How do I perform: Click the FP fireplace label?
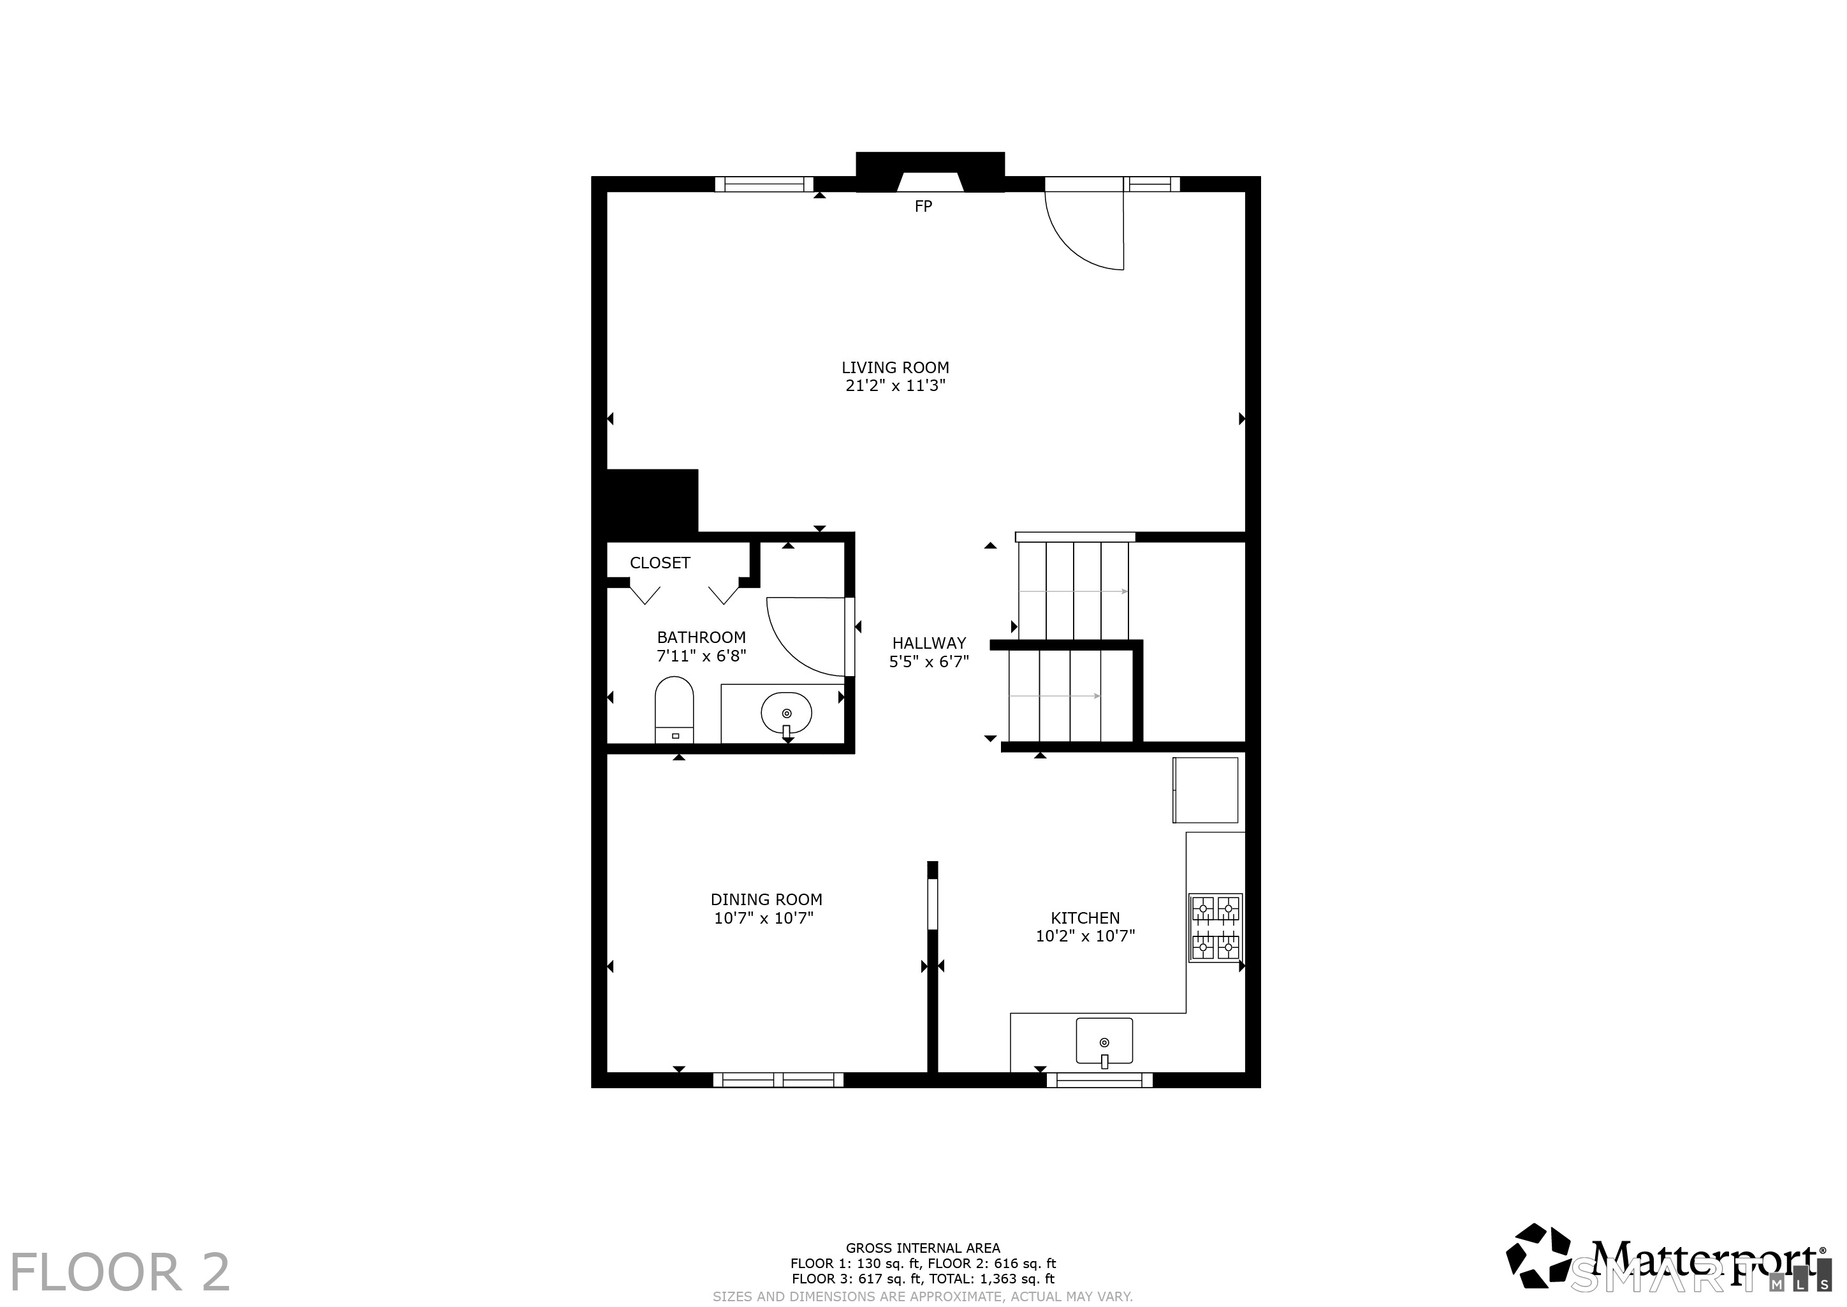(x=923, y=207)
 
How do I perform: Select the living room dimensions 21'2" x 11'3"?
(x=895, y=385)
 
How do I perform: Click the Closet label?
(x=660, y=563)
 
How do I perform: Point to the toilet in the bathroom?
(x=674, y=710)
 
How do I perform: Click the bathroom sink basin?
(x=786, y=713)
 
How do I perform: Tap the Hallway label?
(x=929, y=644)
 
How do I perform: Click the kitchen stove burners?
(x=1216, y=928)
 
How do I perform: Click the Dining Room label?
(x=766, y=900)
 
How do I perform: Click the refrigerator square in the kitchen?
(x=1205, y=790)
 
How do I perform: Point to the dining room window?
(x=778, y=1080)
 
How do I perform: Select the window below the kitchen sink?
(x=1100, y=1080)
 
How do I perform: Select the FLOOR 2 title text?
(x=120, y=1273)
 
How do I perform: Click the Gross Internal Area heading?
(x=923, y=1248)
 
